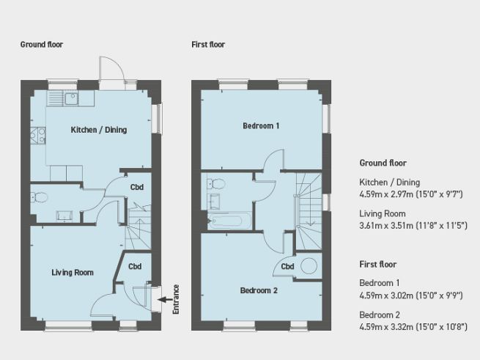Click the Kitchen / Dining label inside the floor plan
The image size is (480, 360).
click(98, 131)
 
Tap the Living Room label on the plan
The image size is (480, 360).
click(73, 273)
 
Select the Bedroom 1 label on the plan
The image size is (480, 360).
click(261, 126)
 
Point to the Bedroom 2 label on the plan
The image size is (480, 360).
click(259, 290)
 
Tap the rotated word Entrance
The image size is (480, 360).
click(176, 299)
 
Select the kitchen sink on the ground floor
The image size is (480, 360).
click(70, 98)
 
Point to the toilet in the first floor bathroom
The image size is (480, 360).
click(213, 184)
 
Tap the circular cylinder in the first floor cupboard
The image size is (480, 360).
click(309, 267)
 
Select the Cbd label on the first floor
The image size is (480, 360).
click(287, 267)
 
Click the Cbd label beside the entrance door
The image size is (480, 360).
click(136, 267)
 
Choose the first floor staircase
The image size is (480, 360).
click(309, 202)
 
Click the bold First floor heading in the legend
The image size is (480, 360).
click(379, 264)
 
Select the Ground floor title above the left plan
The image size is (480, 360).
click(42, 45)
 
